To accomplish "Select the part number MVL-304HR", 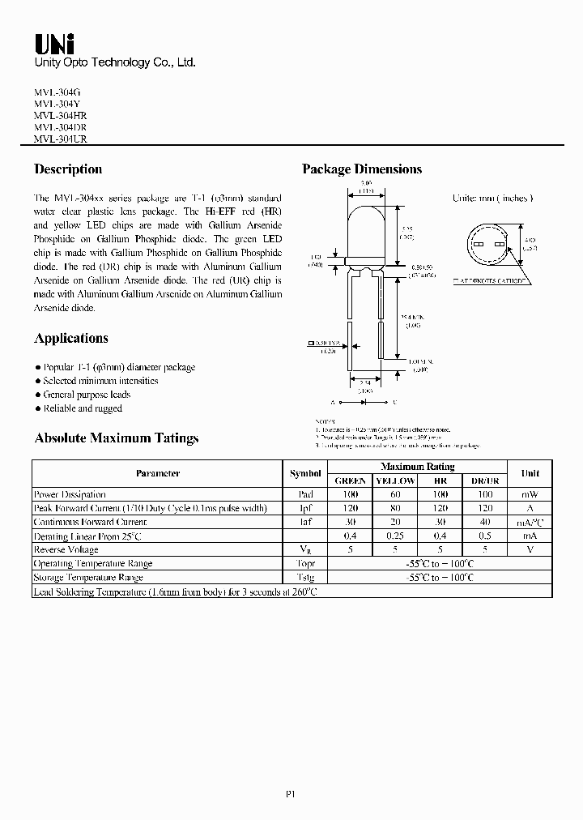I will [61, 116].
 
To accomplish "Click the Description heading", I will [68, 169].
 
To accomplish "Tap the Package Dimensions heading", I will [362, 169].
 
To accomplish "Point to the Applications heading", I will [71, 338].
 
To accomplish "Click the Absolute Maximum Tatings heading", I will [116, 438].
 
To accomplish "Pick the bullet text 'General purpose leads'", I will [86, 395].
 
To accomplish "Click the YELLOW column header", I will [396, 480].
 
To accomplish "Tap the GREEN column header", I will [350, 480].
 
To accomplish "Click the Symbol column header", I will [305, 473].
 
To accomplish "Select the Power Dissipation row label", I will [70, 494].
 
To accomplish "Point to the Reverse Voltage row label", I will [66, 549].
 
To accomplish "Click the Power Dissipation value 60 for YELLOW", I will [396, 494].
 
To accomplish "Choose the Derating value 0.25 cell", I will [396, 536].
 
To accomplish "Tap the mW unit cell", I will [530, 494].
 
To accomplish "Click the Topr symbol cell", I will [305, 563].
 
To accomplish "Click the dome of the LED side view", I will [365, 227].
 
